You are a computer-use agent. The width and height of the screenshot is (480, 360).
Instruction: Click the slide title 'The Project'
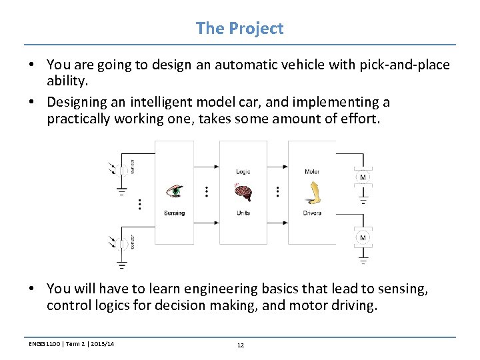[x=239, y=29]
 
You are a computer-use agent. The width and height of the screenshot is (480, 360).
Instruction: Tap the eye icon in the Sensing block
[x=174, y=191]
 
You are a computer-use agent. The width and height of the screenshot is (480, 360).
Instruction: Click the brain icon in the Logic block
[x=243, y=192]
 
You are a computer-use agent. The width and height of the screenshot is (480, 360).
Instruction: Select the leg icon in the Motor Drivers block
[x=311, y=192]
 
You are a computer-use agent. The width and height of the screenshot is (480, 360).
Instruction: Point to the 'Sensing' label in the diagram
[x=174, y=213]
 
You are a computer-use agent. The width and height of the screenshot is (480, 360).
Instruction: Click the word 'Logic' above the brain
[x=243, y=171]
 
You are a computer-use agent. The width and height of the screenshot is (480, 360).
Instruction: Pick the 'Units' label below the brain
[x=243, y=213]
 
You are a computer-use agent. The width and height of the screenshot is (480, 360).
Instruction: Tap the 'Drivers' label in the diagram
[x=312, y=213]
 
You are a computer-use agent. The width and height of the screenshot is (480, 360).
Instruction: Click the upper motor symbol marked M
[x=363, y=177]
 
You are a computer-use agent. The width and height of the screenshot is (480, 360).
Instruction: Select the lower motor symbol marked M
[x=363, y=238]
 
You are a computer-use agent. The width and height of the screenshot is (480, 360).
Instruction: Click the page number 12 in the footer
[x=240, y=345]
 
